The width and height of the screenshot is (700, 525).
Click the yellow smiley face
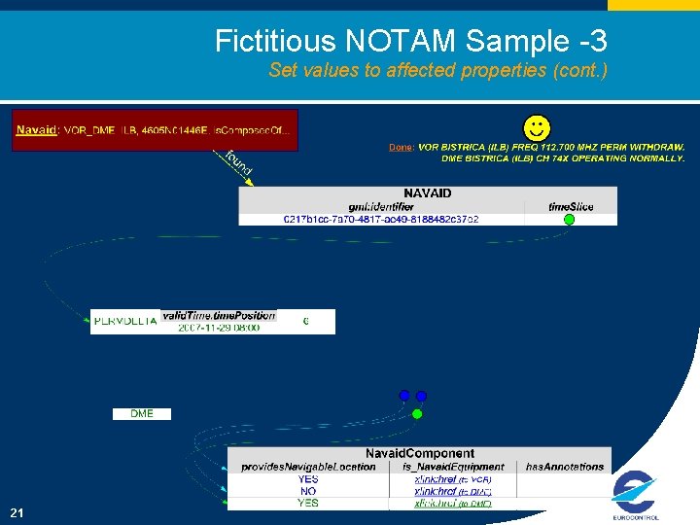(x=536, y=127)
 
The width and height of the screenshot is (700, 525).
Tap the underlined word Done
(x=400, y=147)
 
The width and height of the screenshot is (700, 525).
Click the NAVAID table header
(x=428, y=193)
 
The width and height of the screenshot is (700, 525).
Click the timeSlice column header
(x=570, y=207)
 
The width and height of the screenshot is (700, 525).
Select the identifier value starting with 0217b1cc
(x=381, y=220)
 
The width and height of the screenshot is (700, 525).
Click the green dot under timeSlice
(x=570, y=220)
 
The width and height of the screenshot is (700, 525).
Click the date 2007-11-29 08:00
(x=219, y=328)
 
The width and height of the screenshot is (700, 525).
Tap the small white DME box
(x=141, y=413)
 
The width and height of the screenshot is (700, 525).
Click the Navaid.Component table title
(x=420, y=453)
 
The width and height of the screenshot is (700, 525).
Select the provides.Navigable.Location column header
(x=308, y=467)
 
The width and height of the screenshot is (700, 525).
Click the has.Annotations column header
(x=565, y=467)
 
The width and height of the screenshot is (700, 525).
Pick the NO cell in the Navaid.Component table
(x=308, y=491)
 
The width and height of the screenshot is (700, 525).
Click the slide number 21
(x=17, y=512)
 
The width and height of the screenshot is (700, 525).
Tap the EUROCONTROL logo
(x=636, y=496)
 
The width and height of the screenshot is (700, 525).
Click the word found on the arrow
(x=238, y=163)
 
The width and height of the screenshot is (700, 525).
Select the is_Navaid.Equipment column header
(x=453, y=467)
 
